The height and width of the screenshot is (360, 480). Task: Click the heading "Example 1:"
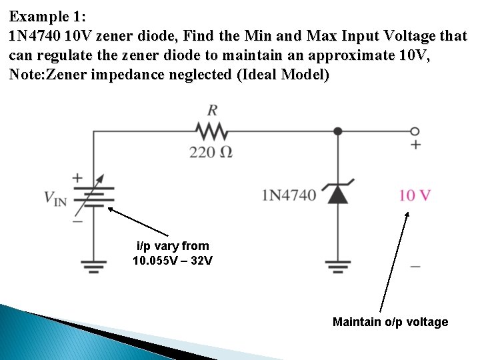coord(48,15)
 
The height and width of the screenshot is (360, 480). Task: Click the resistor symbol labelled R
coord(211,130)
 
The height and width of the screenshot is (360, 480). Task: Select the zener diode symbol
coord(338,193)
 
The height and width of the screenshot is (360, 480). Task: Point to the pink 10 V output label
coord(415,195)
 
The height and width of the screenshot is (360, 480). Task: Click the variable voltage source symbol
coord(93,195)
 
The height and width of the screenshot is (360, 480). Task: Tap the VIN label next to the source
coord(55,198)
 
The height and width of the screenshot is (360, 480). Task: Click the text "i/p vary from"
coord(173,246)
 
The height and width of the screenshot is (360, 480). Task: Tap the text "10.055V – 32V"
coord(173,260)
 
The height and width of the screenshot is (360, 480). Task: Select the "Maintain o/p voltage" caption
coord(390,322)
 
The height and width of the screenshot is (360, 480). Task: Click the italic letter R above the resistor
coord(212,109)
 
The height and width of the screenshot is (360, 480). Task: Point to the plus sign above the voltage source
coord(77,178)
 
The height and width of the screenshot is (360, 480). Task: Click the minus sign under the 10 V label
coord(415,266)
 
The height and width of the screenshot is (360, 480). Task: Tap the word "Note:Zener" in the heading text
coord(45,74)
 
